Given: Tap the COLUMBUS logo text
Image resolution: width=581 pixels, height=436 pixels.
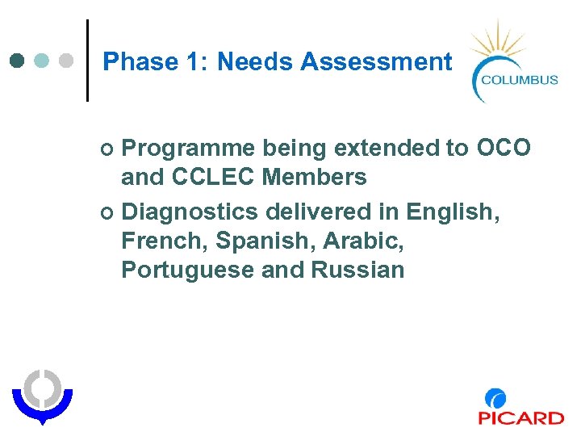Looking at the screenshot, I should tap(519, 79).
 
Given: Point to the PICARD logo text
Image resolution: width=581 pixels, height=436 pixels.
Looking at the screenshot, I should tap(520, 417).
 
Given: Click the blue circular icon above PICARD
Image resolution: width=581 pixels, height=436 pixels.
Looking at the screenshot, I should tap(495, 398).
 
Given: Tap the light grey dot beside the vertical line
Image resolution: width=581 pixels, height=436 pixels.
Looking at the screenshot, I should tap(68, 61).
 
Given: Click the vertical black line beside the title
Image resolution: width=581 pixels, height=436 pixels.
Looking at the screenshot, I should tap(87, 61).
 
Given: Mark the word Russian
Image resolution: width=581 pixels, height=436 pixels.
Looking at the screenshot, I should tap(357, 269).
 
